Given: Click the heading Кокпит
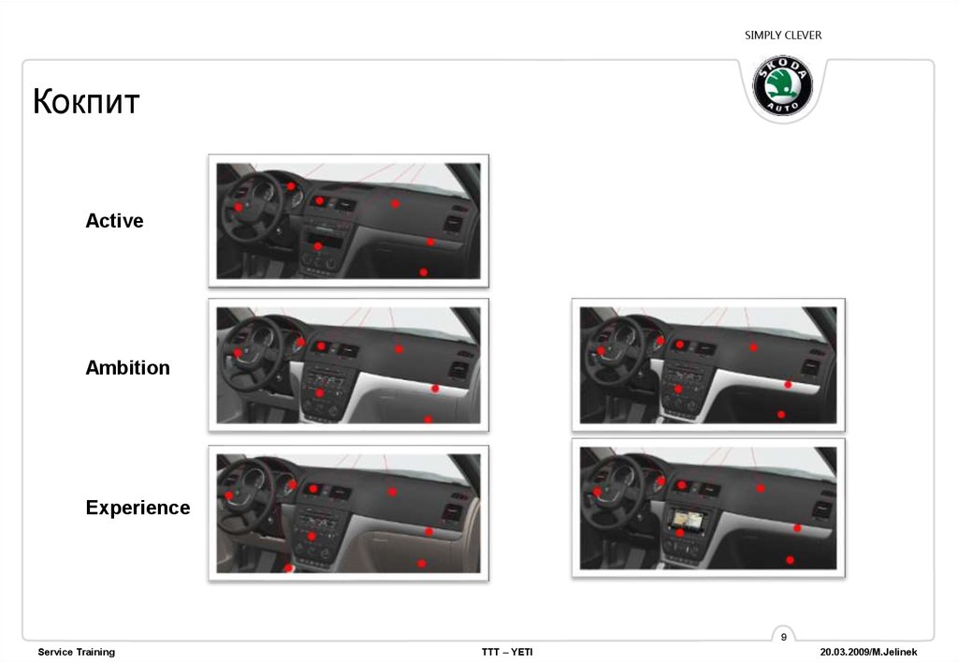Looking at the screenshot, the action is [86, 101].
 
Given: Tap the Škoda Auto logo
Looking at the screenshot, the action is [783, 86].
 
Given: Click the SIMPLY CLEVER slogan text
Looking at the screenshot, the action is [783, 36].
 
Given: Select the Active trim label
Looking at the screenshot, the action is [114, 220].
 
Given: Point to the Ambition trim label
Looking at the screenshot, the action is [127, 368].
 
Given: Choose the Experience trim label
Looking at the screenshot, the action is [138, 508].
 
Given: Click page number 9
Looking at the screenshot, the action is [784, 637].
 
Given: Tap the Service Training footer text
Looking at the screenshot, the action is [77, 652].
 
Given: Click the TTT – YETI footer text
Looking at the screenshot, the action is [507, 652].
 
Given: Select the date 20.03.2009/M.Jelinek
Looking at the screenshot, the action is [868, 652].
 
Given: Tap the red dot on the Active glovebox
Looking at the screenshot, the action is [424, 273].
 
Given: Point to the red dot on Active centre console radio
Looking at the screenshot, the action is [318, 246].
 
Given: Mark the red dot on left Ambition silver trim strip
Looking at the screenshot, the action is [435, 389].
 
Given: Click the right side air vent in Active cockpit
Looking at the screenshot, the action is [453, 224].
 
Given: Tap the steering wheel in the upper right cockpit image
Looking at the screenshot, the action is [614, 351].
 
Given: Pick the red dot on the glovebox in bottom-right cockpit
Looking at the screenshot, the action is [790, 560].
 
